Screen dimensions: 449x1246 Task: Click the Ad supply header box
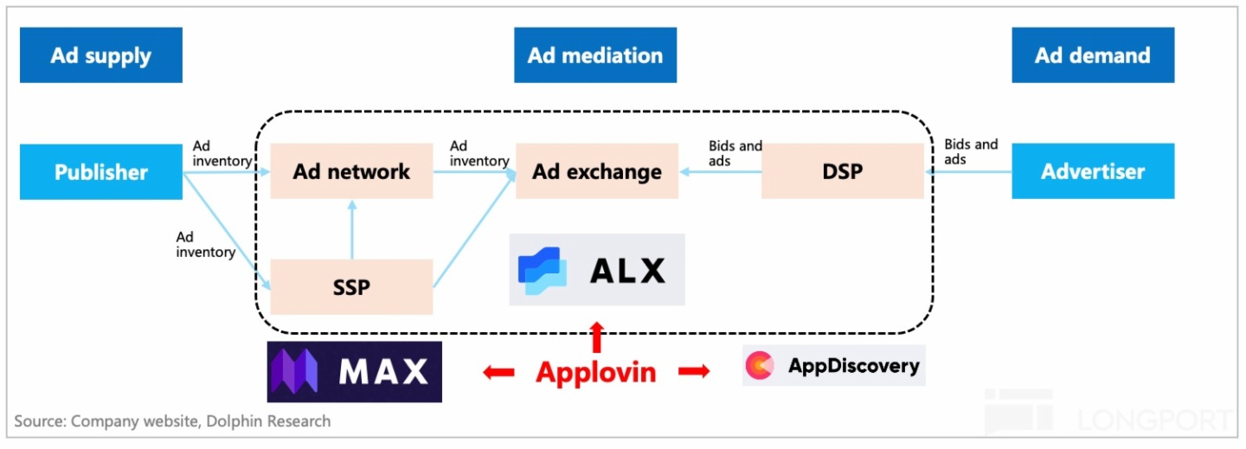tap(100, 55)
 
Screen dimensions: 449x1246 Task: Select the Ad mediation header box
tap(595, 55)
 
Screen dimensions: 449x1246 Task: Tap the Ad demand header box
tap(1093, 55)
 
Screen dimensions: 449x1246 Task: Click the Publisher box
tap(101, 172)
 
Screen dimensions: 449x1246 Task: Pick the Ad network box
tap(351, 171)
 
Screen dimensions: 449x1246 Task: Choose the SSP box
tap(351, 286)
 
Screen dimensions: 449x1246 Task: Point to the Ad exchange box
tap(597, 171)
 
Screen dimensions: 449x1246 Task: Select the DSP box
tap(843, 171)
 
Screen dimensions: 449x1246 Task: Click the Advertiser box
tap(1093, 171)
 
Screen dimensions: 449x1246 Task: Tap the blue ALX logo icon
tap(542, 270)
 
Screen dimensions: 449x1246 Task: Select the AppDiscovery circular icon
tap(760, 366)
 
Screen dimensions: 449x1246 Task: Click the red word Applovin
tap(596, 372)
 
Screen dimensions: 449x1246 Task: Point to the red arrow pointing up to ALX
tap(596, 335)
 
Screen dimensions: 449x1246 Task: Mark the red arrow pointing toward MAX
tap(498, 372)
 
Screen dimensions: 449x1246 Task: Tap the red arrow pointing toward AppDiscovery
tap(694, 372)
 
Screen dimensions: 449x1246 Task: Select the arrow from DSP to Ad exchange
tap(720, 172)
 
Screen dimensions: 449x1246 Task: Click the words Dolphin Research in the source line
tap(279, 421)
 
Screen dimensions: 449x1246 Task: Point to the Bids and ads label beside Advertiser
tap(971, 151)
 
